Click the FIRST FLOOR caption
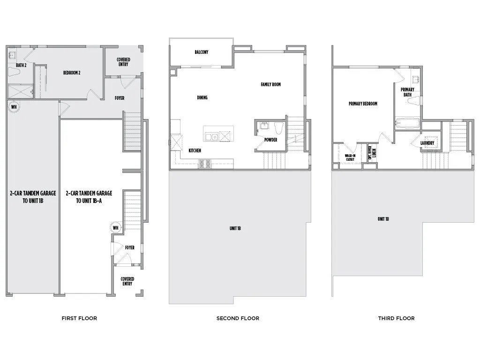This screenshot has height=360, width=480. pos(79,318)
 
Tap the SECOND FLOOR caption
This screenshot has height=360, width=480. pos(238,318)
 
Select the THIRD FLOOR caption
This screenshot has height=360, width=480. pos(396,318)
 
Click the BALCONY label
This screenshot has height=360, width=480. pos(202,52)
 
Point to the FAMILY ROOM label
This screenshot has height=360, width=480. pos(270,84)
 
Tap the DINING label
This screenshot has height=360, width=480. pos(202,97)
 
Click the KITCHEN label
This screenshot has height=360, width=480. pos(195,150)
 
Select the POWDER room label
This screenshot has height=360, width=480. pos(270,140)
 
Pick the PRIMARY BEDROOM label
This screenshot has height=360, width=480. pos(363,104)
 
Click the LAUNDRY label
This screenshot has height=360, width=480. pos(427,143)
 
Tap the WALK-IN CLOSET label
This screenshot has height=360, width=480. pos(350,157)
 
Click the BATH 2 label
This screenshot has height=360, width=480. pos(21,65)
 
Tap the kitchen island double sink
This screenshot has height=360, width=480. pos(211,136)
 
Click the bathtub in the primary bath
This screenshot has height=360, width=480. pos(407,124)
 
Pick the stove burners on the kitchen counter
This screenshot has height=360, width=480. pos(205,164)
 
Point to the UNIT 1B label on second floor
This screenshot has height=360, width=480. pos(235,228)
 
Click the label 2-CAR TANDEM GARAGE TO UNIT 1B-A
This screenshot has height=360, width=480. pos(89,196)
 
